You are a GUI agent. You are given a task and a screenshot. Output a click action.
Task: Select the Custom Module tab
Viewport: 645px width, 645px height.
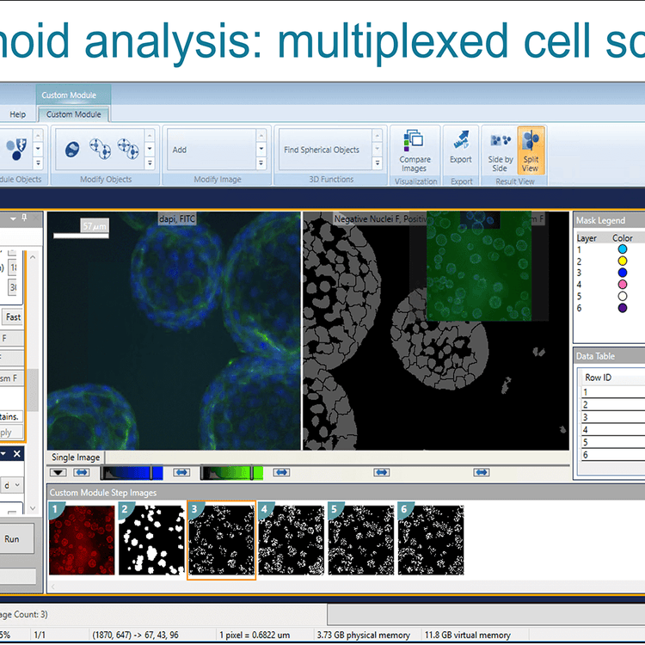[x=73, y=114]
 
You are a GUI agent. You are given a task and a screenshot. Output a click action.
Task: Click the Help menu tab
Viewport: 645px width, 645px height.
[x=17, y=114]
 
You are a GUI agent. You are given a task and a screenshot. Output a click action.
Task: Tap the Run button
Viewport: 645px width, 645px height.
[x=12, y=539]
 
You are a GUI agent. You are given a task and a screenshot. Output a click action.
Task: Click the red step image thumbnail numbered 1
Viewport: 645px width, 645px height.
[x=83, y=540]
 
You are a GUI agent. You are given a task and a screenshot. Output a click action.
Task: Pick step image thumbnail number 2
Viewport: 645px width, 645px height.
[x=152, y=540]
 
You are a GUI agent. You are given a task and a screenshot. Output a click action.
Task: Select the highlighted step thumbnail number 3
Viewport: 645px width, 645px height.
[x=222, y=540]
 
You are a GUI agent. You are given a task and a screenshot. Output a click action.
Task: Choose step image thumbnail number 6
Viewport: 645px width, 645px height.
[x=431, y=540]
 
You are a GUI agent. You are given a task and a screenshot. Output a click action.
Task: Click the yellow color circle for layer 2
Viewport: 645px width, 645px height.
[x=623, y=261]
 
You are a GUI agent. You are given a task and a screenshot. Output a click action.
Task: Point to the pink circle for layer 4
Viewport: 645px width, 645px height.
[x=623, y=284]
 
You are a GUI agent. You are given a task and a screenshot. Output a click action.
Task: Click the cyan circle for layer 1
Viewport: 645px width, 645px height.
[x=623, y=249]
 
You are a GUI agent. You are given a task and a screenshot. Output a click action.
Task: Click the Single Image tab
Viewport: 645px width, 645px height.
[x=76, y=458]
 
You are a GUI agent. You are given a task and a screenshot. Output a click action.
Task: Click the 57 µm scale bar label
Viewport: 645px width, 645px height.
[x=91, y=225]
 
